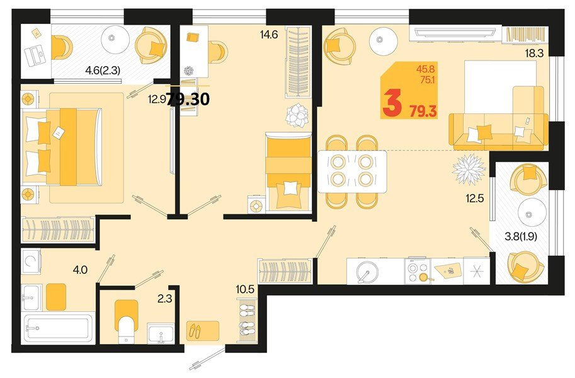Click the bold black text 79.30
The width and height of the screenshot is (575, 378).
(x=189, y=99)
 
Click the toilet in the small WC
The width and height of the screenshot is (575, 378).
(x=127, y=320)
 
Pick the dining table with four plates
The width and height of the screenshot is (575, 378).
(x=352, y=171)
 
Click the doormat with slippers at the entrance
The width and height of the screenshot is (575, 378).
(x=203, y=329)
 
